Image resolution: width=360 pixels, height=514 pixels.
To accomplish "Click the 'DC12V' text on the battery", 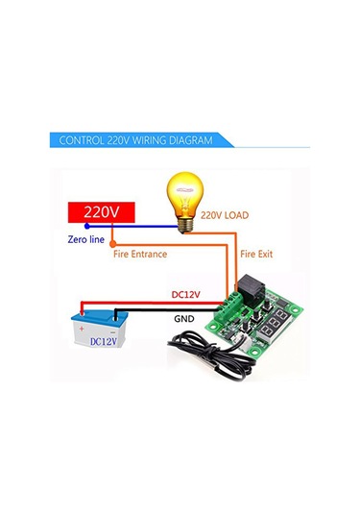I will coord(105,339).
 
